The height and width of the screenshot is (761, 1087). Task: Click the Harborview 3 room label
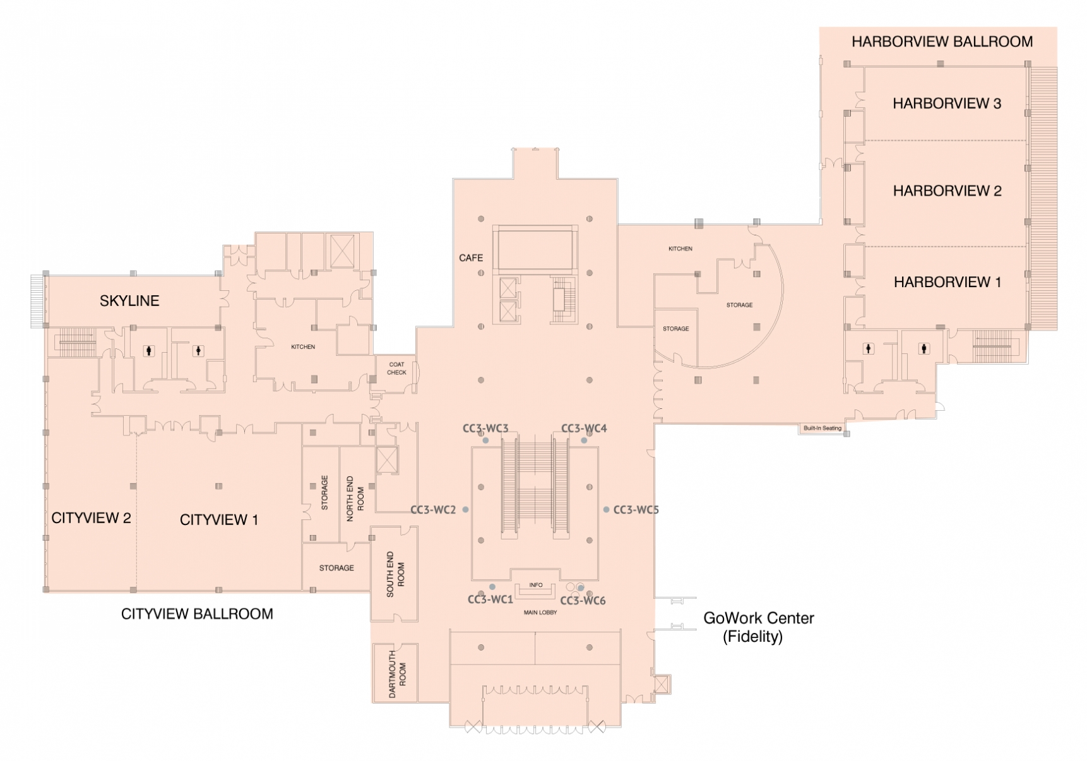pos(946,103)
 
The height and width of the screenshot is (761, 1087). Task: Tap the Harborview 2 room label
pos(947,191)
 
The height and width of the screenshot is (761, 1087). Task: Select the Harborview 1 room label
pos(947,282)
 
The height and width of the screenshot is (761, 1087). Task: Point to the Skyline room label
pos(129,301)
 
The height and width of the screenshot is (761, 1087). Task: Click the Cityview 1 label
pos(218,520)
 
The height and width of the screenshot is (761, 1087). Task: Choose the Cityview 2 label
pos(91,518)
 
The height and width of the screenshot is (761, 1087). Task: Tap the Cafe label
pos(471,258)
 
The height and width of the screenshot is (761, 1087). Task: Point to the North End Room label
pos(355,498)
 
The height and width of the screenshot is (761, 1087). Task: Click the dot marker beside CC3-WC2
pos(465,510)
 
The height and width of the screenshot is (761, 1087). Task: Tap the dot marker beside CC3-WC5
pos(606,510)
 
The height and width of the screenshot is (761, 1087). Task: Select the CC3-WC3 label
pos(485,428)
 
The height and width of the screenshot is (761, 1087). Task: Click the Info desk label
pos(536,585)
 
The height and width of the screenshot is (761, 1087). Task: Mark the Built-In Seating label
pos(822,428)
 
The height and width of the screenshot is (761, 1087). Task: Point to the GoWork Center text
pos(758,618)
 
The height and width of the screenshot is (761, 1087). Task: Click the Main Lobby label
pos(540,613)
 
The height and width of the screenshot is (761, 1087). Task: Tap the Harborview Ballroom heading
pos(942,42)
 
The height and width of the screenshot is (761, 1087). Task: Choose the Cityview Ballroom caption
pos(197,614)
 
